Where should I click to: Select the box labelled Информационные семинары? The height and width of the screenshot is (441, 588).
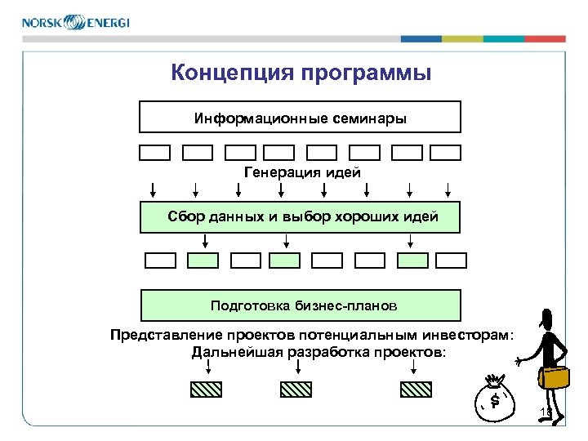(x=300, y=117)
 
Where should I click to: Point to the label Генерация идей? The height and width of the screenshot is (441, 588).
(x=301, y=171)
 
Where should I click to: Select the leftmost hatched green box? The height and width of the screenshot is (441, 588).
(x=206, y=390)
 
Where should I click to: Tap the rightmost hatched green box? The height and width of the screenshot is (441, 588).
(x=416, y=390)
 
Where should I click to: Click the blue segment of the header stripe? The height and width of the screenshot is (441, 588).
(x=421, y=38)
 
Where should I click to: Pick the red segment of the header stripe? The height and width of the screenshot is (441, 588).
(x=545, y=38)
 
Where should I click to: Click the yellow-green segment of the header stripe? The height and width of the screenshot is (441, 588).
(x=462, y=38)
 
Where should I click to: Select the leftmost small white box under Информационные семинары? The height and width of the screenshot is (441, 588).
(x=154, y=152)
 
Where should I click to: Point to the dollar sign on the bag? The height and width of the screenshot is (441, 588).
(x=495, y=400)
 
